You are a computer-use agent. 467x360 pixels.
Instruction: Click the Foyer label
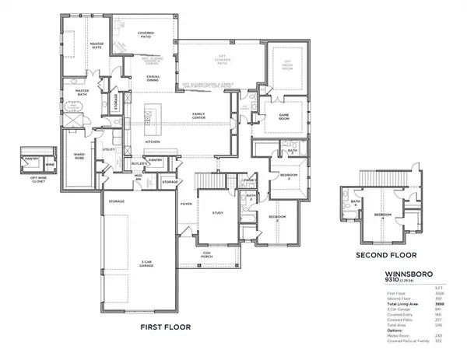pos(186,205)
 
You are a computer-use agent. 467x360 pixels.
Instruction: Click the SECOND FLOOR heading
pos(386,255)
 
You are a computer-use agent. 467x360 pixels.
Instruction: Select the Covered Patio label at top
pos(146,34)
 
